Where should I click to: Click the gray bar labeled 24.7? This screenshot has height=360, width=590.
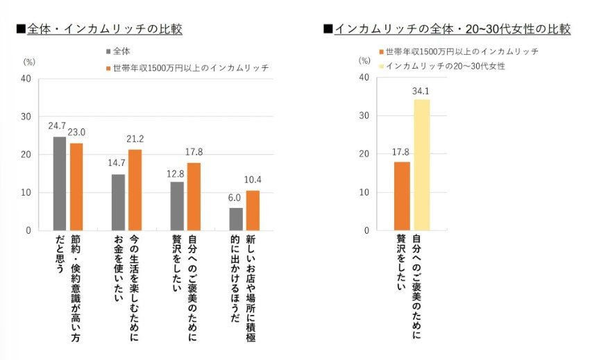pyautogui.click(x=60, y=183)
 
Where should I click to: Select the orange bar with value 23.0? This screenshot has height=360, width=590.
pyautogui.click(x=76, y=187)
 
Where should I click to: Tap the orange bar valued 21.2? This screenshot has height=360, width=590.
pyautogui.click(x=135, y=190)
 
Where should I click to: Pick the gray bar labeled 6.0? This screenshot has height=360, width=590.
pyautogui.click(x=236, y=218)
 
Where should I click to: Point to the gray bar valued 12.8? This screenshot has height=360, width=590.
pyautogui.click(x=177, y=205)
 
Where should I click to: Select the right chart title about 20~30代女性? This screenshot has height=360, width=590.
pyautogui.click(x=451, y=29)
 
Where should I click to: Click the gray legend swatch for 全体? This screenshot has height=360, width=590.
pyautogui.click(x=109, y=51)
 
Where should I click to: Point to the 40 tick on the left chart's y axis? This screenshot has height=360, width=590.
pyautogui.click(x=26, y=78)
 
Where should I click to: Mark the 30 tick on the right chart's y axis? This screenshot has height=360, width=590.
pyautogui.click(x=362, y=116)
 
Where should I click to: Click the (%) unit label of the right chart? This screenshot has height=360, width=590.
pyautogui.click(x=364, y=61)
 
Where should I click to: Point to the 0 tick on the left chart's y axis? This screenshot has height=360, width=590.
pyautogui.click(x=28, y=230)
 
